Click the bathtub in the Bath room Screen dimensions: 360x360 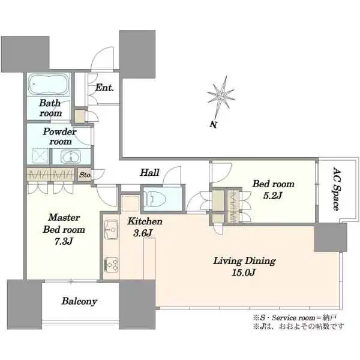click(x=50, y=83)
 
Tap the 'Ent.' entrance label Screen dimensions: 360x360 click(x=105, y=88)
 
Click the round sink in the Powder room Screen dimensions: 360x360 click(x=71, y=158)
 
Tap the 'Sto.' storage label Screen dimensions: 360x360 click(x=84, y=175)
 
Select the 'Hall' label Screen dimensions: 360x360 click(x=149, y=173)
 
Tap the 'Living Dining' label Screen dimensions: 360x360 click(x=244, y=261)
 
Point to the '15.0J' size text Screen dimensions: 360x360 click(x=244, y=273)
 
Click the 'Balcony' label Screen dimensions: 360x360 click(x=79, y=302)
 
